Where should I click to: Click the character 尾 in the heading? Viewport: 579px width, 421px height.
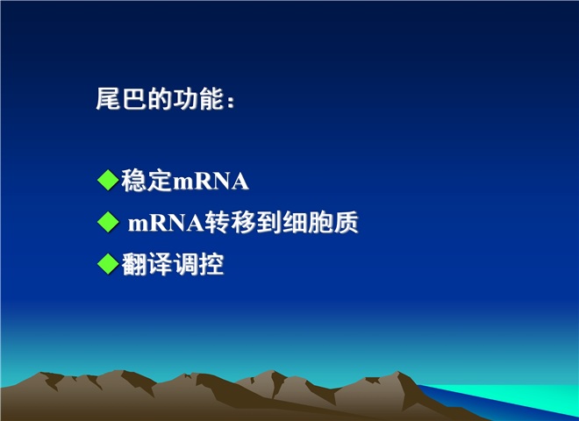point(108,99)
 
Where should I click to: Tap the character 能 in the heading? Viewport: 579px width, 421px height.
point(211,99)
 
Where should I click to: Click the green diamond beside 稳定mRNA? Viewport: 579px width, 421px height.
point(108,180)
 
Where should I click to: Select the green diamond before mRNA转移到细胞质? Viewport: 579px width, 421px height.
point(108,222)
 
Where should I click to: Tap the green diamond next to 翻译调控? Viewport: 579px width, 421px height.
point(108,264)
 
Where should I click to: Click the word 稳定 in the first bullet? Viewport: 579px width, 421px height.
point(147,181)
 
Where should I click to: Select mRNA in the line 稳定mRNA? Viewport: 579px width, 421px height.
point(211,182)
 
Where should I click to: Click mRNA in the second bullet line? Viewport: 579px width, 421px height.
point(166,223)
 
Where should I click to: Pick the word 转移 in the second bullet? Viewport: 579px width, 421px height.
point(230,222)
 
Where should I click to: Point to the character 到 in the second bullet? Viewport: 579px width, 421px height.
point(268,222)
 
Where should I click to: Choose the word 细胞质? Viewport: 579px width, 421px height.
point(320,222)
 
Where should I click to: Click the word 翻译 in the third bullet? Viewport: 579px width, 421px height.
point(147,264)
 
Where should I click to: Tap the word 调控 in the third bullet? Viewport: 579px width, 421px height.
point(198,264)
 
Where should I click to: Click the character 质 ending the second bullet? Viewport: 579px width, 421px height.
point(347,222)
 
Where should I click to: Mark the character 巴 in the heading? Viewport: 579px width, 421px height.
point(133,99)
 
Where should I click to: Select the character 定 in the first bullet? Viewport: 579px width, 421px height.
point(160,181)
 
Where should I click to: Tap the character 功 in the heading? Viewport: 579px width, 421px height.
point(185,99)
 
